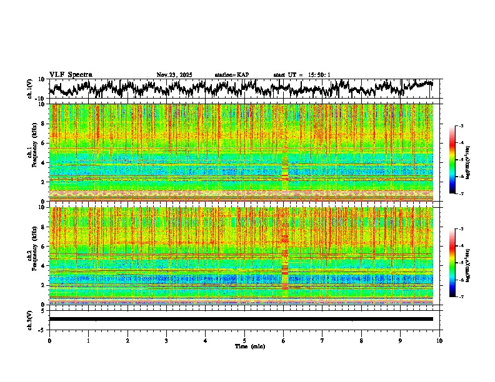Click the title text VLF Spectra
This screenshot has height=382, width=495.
pyautogui.click(x=71, y=75)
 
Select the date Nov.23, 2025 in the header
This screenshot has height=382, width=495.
pyautogui.click(x=174, y=75)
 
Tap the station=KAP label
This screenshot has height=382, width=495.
pyautogui.click(x=232, y=75)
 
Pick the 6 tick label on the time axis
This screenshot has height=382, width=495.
pyautogui.click(x=284, y=340)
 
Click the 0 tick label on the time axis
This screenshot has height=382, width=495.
pyautogui.click(x=49, y=340)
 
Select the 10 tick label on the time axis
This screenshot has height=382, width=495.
pyautogui.click(x=440, y=340)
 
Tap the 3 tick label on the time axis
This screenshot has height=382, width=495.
pyautogui.click(x=166, y=340)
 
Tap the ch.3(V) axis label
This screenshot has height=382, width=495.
pyautogui.click(x=31, y=319)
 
